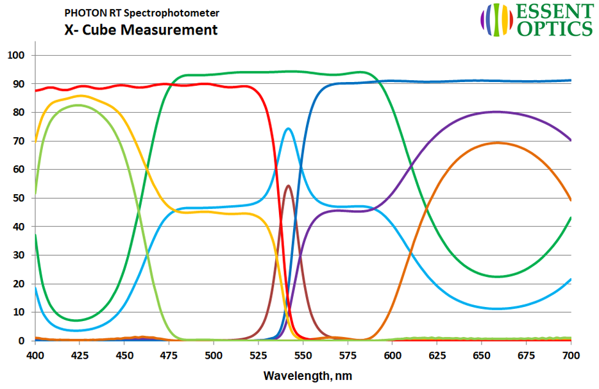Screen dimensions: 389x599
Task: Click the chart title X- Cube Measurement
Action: (140, 29)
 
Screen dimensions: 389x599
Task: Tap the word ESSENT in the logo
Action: (555, 12)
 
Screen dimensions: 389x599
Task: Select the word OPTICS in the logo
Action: (555, 28)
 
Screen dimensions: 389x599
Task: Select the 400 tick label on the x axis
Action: (35, 354)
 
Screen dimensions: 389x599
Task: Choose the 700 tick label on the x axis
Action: (570, 354)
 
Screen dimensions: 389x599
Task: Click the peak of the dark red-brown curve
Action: (288, 186)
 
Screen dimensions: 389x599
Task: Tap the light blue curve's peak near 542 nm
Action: (289, 129)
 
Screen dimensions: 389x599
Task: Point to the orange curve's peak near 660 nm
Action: (498, 143)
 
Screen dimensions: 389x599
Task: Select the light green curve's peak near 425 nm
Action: (79, 105)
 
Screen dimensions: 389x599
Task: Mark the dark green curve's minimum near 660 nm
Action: (498, 277)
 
